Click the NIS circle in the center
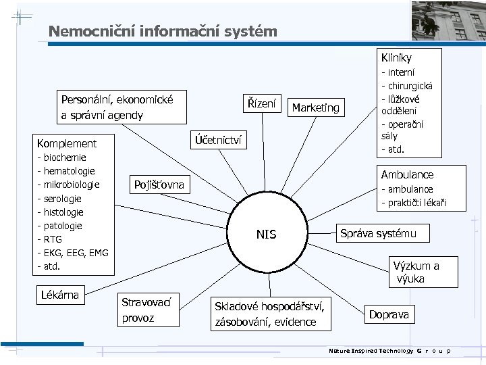266,235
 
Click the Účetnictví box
215,140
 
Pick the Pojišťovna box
159,185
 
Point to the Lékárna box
60,295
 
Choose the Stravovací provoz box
147,309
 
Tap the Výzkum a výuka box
416,272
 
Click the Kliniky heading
396,58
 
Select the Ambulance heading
407,174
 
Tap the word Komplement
67,143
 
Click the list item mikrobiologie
70,185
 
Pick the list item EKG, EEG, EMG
74,252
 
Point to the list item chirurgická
409,86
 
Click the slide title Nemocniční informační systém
163,32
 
